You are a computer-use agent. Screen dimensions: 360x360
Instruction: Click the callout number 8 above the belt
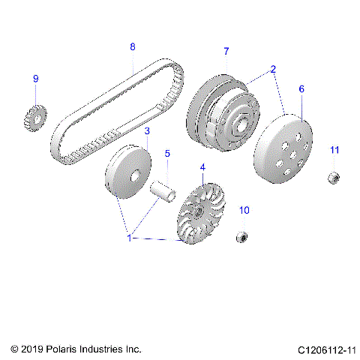(x=133, y=46)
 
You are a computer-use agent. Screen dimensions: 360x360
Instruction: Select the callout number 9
(x=35, y=79)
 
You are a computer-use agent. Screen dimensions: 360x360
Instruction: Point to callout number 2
(x=273, y=70)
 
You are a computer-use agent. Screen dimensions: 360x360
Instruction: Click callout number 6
(x=301, y=88)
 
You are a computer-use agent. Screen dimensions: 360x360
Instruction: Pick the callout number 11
(x=334, y=150)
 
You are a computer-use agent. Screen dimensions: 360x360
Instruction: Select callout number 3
(x=147, y=130)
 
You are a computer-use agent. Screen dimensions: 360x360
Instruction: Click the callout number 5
(x=168, y=151)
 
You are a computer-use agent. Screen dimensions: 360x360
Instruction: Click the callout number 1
(x=129, y=238)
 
